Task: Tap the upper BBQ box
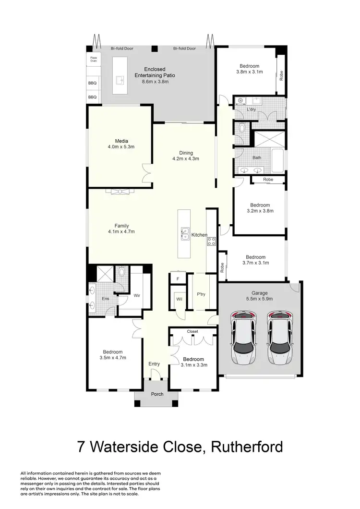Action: (x=92, y=83)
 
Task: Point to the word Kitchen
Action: (x=199, y=235)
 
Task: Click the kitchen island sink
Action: (x=184, y=234)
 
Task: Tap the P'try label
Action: (x=201, y=294)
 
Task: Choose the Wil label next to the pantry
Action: (x=180, y=299)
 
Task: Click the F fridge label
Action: (x=178, y=278)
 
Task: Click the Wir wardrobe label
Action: (x=136, y=295)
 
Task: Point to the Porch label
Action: (x=157, y=394)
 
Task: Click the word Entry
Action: (x=154, y=364)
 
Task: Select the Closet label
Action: (x=192, y=331)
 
